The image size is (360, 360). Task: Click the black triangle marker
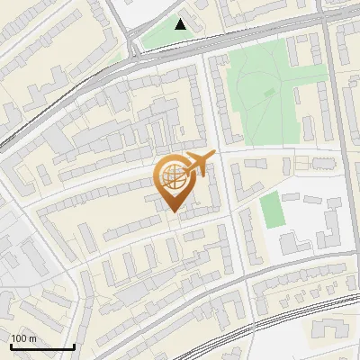181,24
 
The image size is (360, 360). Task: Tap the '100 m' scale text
24,337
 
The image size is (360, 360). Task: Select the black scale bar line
42,346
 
